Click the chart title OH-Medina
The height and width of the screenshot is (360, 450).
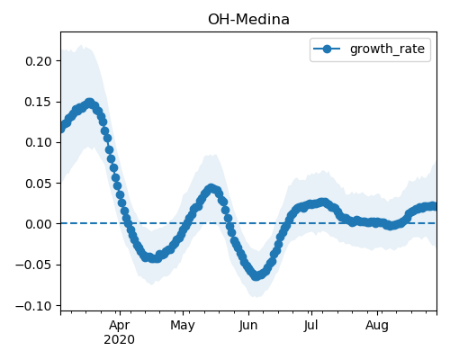coord(248,20)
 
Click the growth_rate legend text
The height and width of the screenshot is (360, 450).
coord(387,49)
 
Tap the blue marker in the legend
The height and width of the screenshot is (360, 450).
coord(327,49)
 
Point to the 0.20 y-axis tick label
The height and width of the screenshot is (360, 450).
coord(39,61)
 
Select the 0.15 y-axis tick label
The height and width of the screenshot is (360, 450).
coord(39,102)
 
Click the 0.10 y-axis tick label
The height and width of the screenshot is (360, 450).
coord(39,142)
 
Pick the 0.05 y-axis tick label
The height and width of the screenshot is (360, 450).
coord(39,184)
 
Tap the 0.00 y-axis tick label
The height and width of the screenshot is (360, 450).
coord(39,224)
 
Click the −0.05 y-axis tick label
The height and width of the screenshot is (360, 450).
coord(34,265)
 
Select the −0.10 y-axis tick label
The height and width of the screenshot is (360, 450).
coord(34,306)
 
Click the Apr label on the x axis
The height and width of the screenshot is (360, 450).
coord(120,326)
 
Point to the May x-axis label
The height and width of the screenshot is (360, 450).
coord(183,326)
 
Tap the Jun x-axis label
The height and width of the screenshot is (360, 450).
coord(248,326)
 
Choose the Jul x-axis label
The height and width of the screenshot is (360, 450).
coord(310,326)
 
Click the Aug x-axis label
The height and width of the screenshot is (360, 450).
coord(377,326)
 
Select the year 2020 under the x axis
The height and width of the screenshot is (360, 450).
coord(119,340)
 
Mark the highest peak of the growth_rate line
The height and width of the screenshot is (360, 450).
coord(90,103)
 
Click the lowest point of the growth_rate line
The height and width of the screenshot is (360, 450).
coord(256,276)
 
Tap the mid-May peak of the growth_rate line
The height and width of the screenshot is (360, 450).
coord(211,188)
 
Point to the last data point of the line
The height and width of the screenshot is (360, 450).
coord(434,206)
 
